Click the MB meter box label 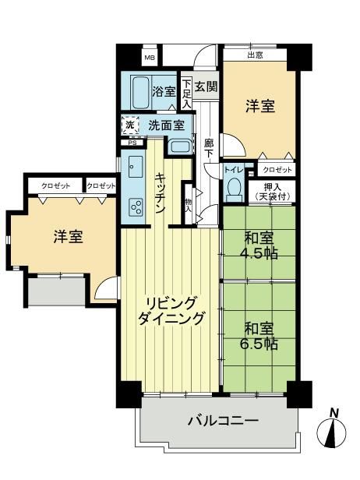[x=150, y=58]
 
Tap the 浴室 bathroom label [x=164, y=91]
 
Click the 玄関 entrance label [x=206, y=86]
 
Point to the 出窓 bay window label [x=255, y=55]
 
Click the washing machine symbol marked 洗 [x=130, y=125]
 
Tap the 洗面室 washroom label [x=167, y=125]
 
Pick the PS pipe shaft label [x=132, y=143]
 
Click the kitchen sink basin [x=136, y=167]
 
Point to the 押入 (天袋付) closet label [x=273, y=192]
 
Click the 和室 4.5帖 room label [x=259, y=245]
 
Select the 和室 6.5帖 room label [x=259, y=337]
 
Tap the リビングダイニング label [x=171, y=311]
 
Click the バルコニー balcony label [x=223, y=421]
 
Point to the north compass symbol [x=332, y=431]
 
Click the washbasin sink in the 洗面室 [x=180, y=146]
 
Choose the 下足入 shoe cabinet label [x=186, y=94]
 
